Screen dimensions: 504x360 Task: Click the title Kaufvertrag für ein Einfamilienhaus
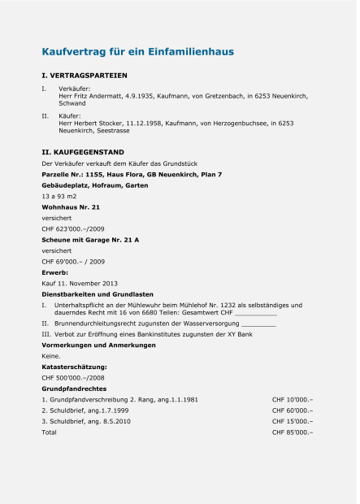(137, 52)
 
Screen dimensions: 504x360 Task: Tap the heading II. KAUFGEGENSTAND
(83, 152)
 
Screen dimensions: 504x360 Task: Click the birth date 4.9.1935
(137, 96)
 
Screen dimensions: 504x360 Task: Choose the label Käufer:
(70, 115)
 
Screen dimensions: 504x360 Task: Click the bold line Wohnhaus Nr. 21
(71, 207)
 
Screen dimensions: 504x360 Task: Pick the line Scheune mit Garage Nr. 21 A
(90, 240)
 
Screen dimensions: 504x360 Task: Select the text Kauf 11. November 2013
(80, 283)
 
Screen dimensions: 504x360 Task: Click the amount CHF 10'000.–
(292, 400)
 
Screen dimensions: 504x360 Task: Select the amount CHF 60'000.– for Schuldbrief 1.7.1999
(292, 411)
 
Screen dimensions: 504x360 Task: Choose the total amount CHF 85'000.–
(292, 432)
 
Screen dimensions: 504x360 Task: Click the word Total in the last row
(50, 432)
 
